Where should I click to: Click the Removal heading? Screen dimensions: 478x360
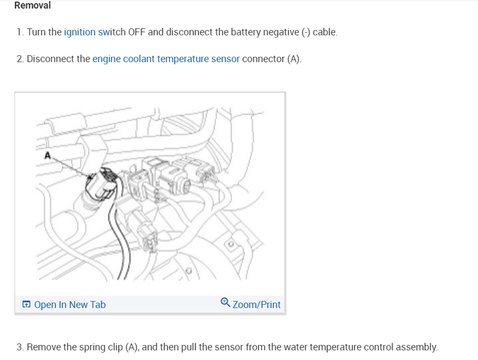[32, 6]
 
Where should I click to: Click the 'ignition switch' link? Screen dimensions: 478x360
[95, 32]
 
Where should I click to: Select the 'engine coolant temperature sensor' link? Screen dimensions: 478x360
[166, 59]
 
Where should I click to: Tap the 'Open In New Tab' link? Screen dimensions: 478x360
[70, 305]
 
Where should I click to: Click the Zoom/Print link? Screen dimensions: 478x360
[256, 305]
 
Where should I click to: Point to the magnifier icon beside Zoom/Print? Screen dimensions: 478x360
[226, 303]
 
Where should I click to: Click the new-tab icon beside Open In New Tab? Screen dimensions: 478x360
[26, 305]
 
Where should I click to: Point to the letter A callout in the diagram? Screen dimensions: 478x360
[48, 155]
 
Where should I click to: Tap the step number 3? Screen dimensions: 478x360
[19, 347]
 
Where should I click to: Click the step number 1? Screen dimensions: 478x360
[19, 32]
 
